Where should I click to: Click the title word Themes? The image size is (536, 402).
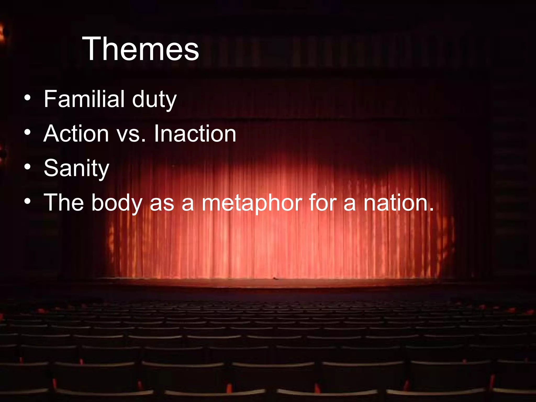click(x=141, y=49)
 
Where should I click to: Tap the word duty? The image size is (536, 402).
click(x=154, y=100)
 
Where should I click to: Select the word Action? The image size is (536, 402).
click(x=76, y=134)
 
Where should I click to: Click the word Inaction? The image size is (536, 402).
click(x=195, y=134)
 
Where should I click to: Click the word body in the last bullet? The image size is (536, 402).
click(x=117, y=203)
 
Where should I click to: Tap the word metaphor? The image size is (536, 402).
click(x=252, y=203)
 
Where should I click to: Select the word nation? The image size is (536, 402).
click(x=395, y=203)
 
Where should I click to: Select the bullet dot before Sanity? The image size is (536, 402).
click(x=27, y=167)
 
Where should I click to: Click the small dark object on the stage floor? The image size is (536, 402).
click(x=274, y=278)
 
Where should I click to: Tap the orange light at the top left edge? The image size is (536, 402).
click(x=2, y=33)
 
